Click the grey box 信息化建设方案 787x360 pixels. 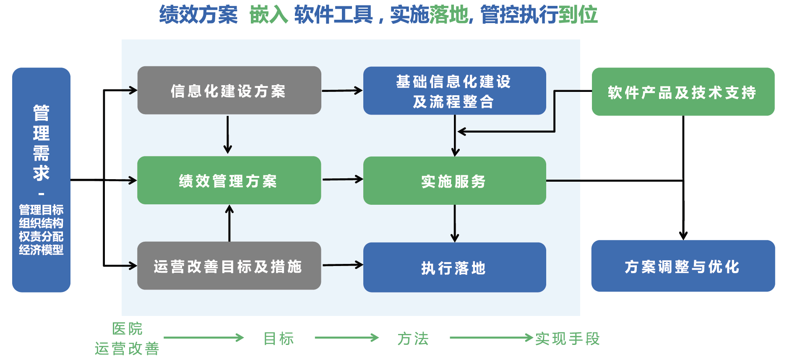229,90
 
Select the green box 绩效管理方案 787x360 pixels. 229,180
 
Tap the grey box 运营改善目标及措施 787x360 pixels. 229,266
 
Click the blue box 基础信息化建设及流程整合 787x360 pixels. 455,91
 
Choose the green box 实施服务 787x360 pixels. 455,181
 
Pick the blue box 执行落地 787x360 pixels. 455,267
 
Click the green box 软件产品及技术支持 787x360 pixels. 683,91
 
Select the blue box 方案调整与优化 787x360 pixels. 683,266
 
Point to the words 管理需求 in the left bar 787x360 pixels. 41,143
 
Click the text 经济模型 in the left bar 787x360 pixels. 41,250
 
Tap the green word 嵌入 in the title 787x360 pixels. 268,15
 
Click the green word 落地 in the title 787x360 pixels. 448,15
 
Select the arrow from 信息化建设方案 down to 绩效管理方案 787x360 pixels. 228,135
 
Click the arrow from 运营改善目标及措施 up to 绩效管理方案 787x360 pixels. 229,223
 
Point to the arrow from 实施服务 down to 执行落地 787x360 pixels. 455,224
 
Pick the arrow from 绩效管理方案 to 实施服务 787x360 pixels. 343,180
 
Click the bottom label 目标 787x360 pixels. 279,339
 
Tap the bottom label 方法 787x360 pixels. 413,339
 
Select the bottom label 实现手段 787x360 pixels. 568,339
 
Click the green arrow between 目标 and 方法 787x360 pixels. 347,338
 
